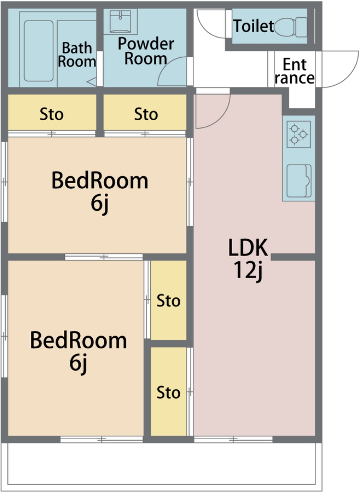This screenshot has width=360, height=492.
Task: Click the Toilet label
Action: coord(254,26)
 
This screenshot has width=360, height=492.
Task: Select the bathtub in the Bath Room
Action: coord(38,51)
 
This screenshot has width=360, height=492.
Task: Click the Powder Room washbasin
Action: coord(120,22)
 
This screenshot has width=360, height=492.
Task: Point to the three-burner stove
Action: coord(299,134)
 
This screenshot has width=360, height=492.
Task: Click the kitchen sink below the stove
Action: coord(299,181)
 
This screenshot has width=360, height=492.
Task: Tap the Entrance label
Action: coord(295,71)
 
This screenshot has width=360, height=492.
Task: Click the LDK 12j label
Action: coord(248,258)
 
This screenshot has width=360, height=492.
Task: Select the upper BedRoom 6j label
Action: coord(100,191)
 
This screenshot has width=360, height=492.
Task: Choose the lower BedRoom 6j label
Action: coord(78,351)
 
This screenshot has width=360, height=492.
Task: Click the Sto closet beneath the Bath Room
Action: coord(52,112)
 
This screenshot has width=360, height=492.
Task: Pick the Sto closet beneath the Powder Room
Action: coord(145,112)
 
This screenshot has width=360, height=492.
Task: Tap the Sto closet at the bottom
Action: coord(169,391)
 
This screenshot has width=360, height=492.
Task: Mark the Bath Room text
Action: coord(77,55)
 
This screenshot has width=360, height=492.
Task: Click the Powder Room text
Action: coord(146,51)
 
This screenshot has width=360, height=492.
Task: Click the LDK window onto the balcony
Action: coord(233,439)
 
